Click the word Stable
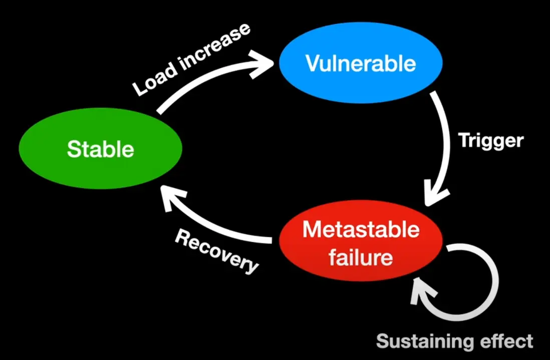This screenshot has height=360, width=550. [100, 149]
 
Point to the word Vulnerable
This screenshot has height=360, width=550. [360, 64]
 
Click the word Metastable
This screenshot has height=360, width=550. [361, 230]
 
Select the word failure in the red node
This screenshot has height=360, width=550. [360, 258]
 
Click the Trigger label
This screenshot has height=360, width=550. [491, 141]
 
